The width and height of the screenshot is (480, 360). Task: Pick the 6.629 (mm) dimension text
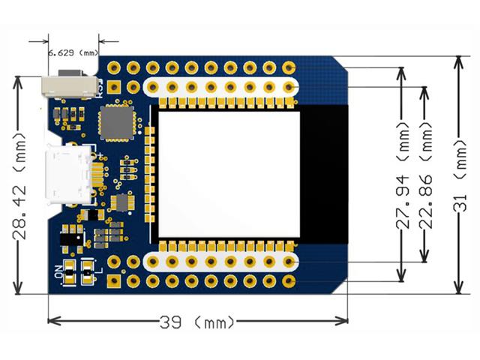pyautogui.click(x=73, y=53)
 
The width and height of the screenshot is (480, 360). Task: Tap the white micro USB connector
pyautogui.click(x=68, y=177)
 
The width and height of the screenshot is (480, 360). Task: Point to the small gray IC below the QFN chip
pyautogui.click(x=120, y=202)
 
